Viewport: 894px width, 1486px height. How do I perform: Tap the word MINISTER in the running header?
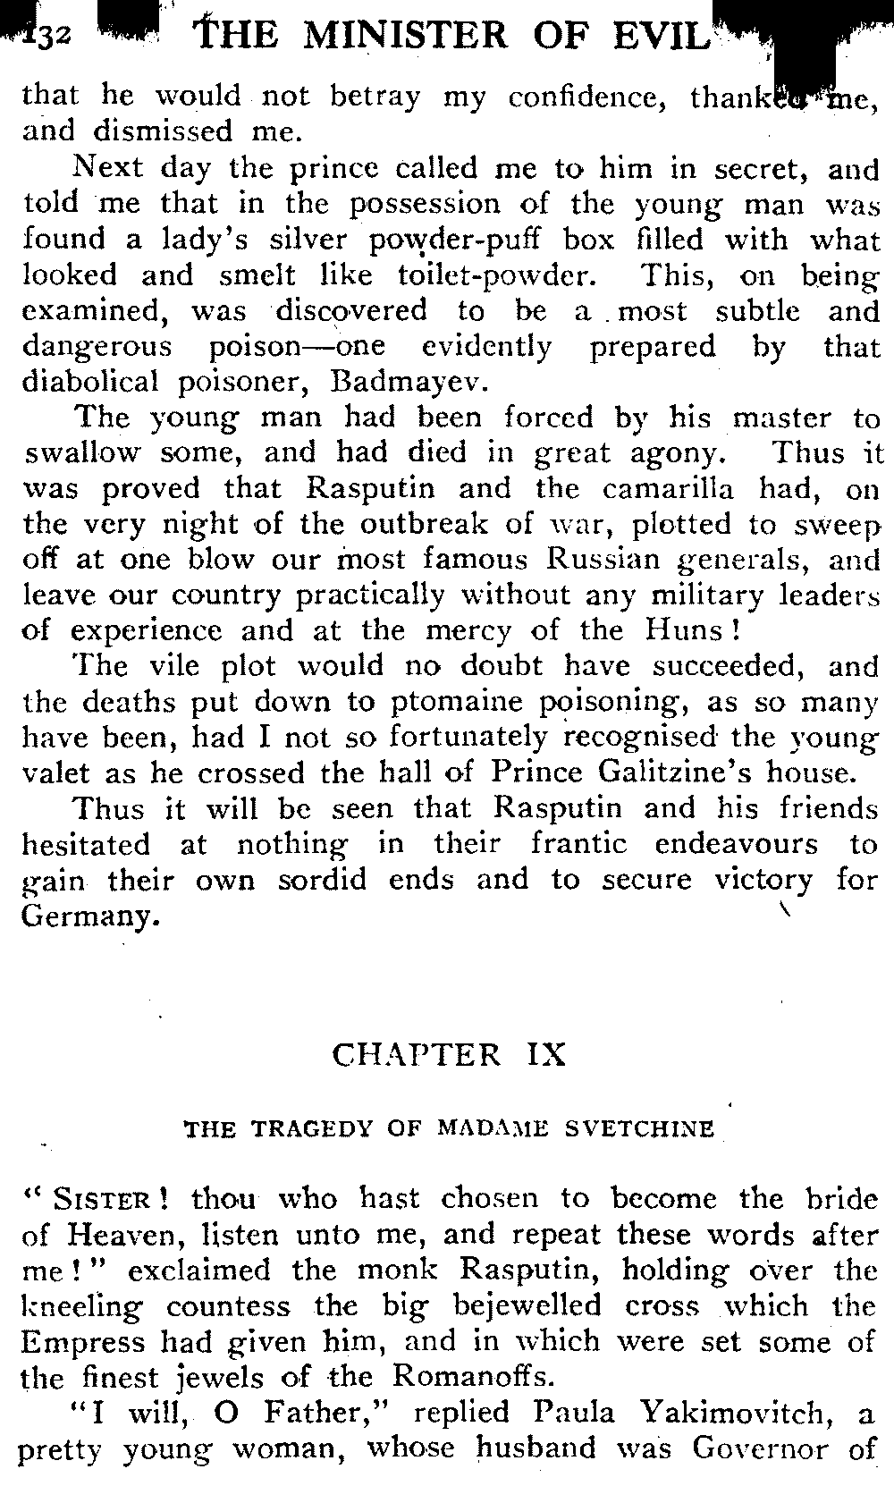(408, 35)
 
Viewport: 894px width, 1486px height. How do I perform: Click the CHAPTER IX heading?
(449, 1055)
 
